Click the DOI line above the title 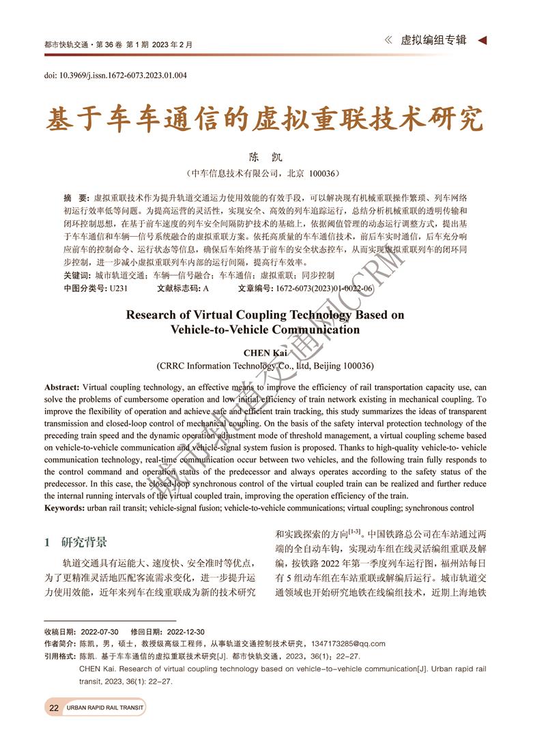115,75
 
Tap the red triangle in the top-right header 482,41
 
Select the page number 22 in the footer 53,708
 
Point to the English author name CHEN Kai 265,352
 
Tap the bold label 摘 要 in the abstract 76,196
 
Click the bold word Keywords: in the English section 66,508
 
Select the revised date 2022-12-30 182,632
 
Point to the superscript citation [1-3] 355,531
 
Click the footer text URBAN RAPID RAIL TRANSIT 105,708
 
